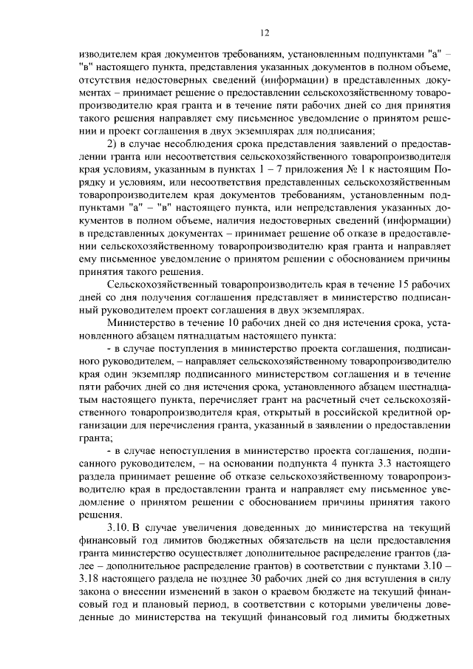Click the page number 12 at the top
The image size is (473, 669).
pyautogui.click(x=265, y=33)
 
